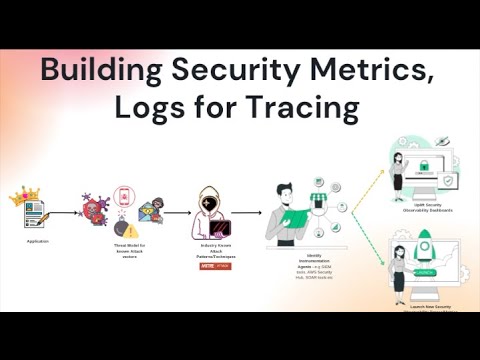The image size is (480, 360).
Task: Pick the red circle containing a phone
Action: (x=124, y=195)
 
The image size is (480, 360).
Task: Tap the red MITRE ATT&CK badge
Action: (x=209, y=265)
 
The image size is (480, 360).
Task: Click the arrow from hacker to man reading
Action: (x=247, y=212)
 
